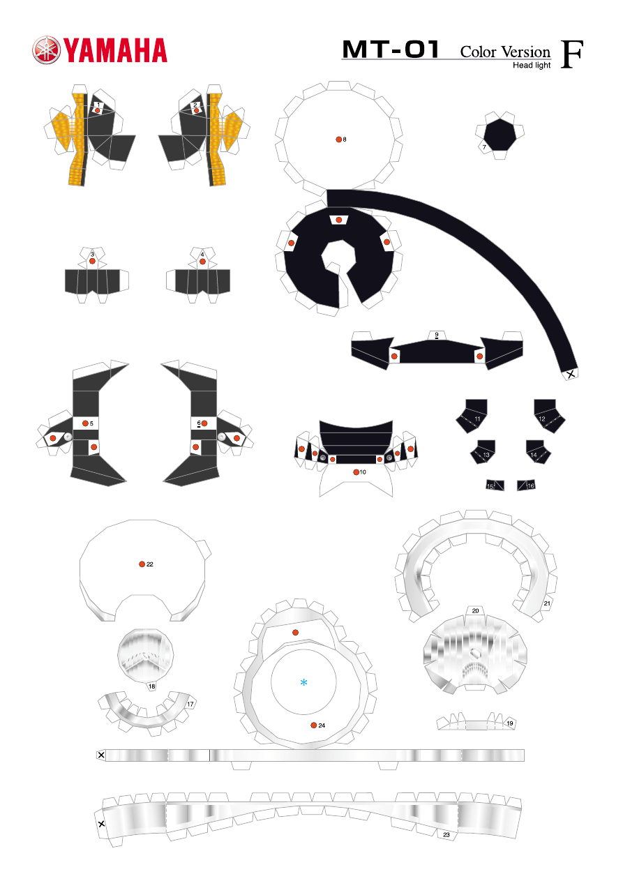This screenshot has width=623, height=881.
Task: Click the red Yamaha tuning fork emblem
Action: click(47, 50)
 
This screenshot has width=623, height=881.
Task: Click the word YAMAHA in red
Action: click(116, 50)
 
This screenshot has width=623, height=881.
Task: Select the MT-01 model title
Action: click(390, 50)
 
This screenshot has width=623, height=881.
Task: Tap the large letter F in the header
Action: click(571, 54)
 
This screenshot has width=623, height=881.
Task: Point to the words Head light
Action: click(532, 66)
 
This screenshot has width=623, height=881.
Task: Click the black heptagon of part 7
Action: click(500, 134)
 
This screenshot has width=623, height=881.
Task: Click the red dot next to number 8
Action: click(338, 140)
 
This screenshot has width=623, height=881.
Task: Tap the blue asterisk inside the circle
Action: click(303, 682)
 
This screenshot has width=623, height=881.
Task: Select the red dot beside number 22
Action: click(142, 564)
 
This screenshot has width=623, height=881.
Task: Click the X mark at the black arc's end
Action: click(571, 374)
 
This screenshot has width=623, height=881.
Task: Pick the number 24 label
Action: click(322, 725)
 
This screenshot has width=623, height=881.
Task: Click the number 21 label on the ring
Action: click(547, 603)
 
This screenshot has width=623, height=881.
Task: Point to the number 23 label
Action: click(446, 834)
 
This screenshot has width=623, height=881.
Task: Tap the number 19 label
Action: click(510, 723)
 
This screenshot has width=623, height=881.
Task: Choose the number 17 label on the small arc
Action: click(190, 704)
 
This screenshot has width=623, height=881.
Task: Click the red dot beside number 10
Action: click(356, 472)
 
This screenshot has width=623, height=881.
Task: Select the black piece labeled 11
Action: click(472, 416)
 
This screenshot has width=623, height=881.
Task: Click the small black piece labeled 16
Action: click(526, 485)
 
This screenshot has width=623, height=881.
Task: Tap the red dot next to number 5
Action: click(85, 423)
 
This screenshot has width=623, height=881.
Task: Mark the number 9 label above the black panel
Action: click(437, 334)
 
